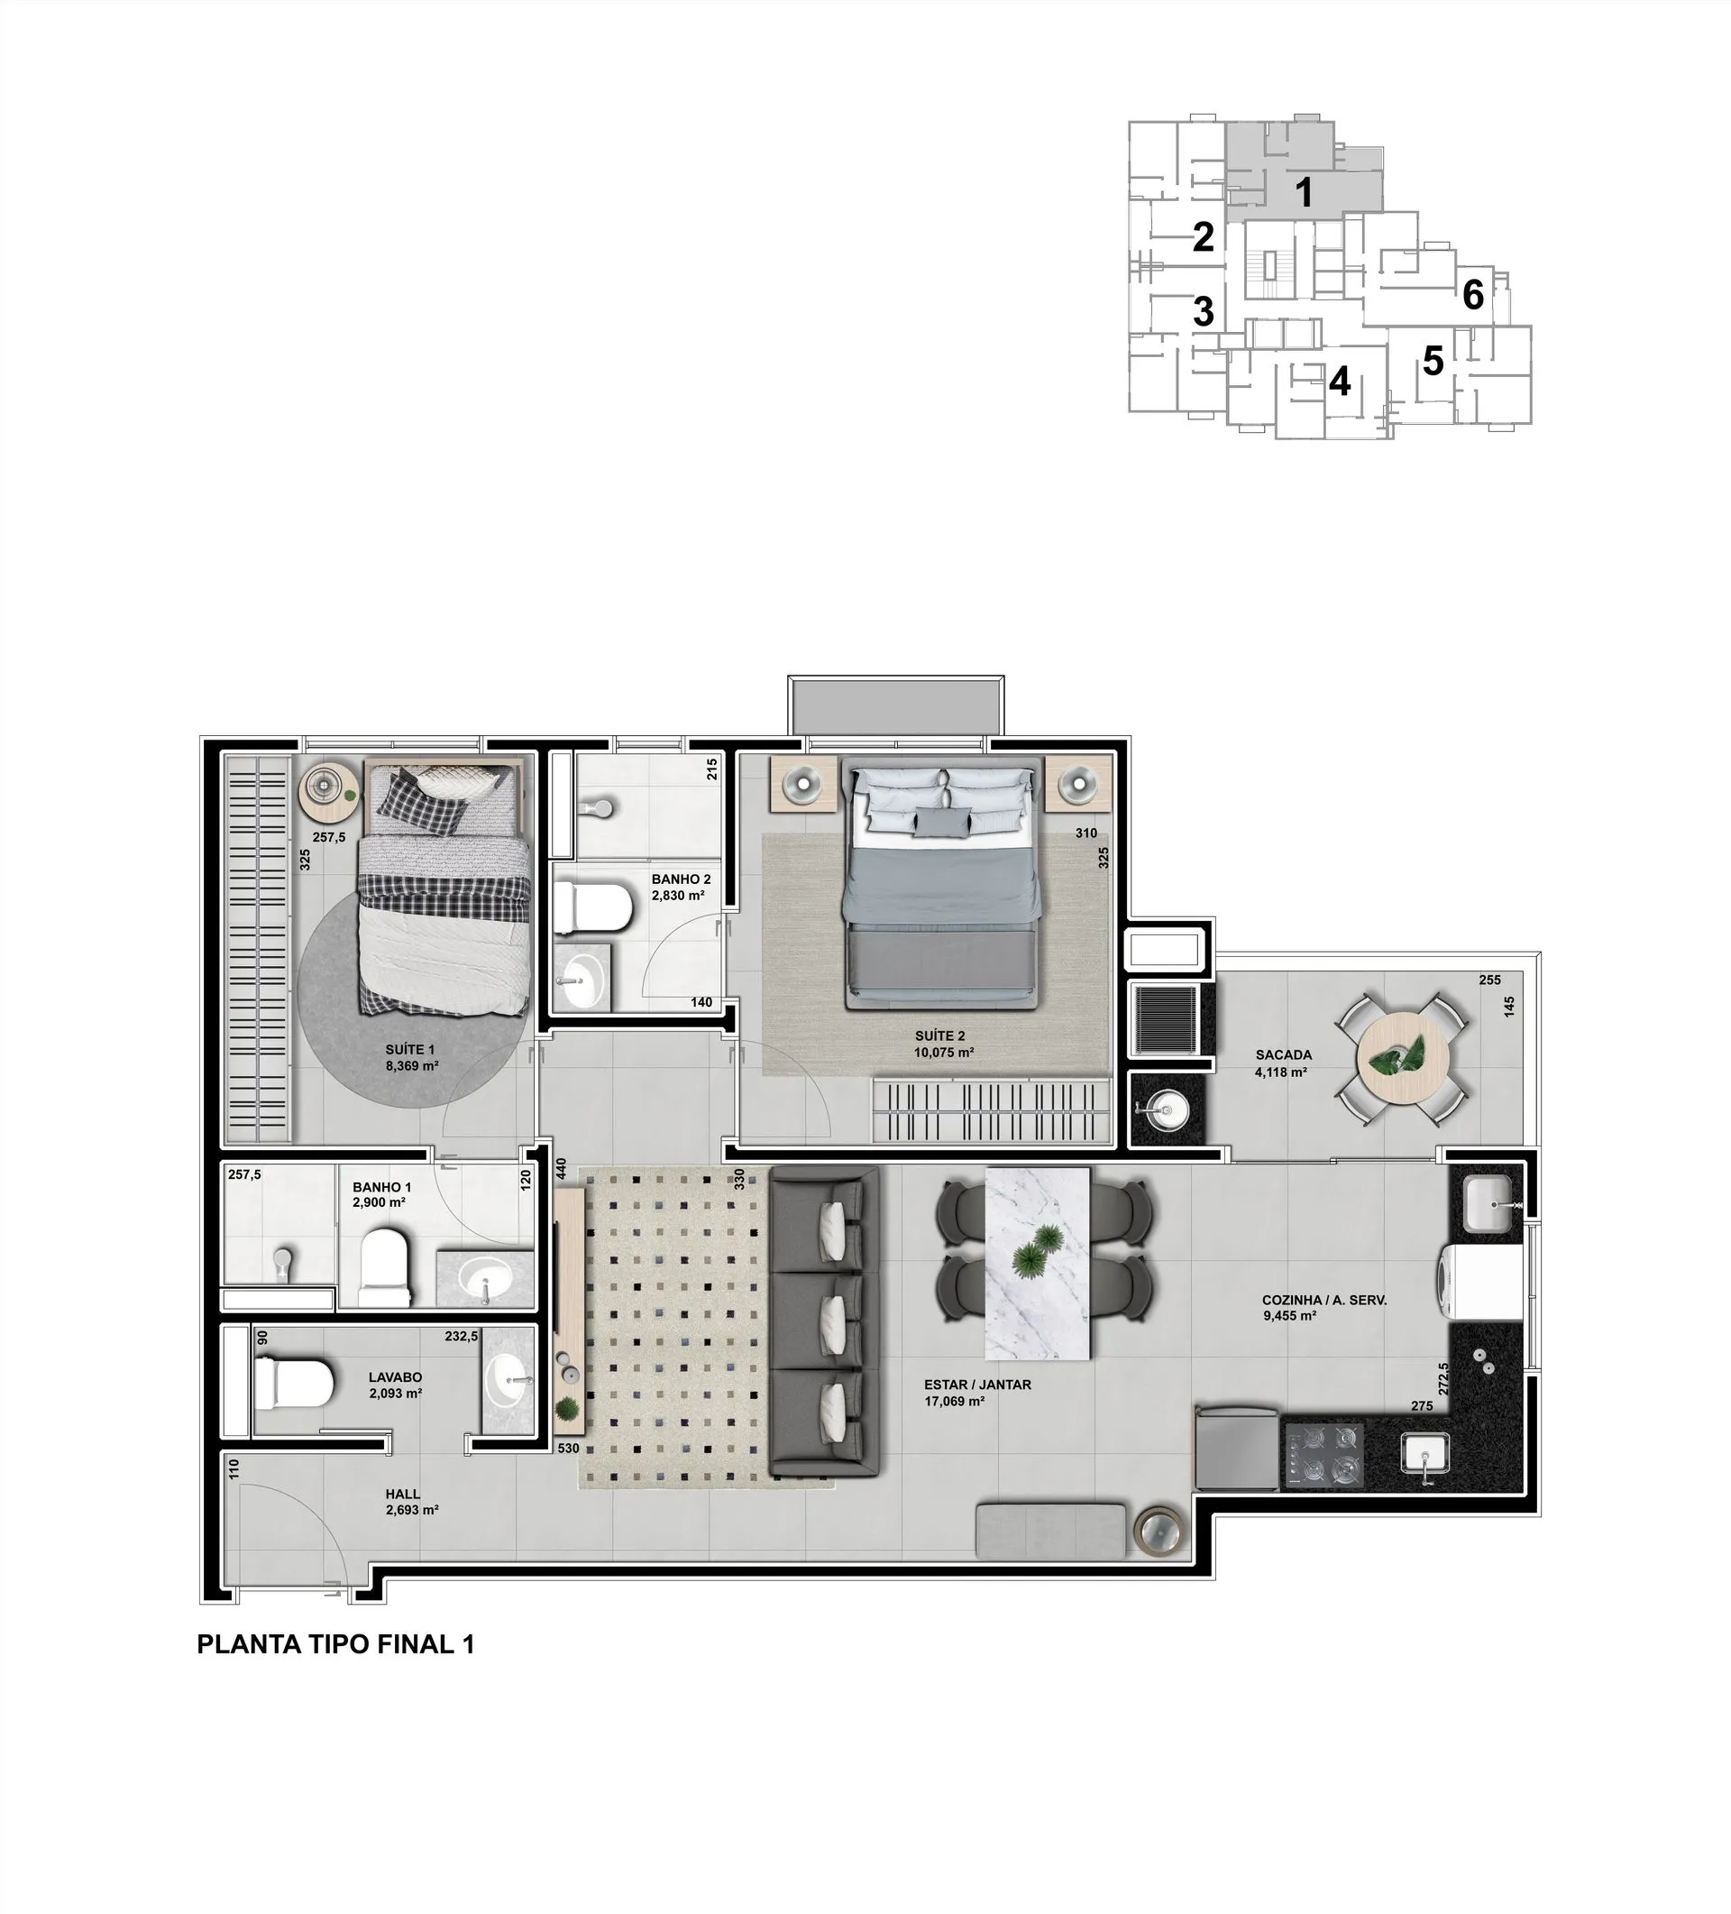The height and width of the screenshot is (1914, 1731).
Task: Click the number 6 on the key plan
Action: pos(1473,295)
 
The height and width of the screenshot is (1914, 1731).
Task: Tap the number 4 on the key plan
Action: pos(1339,382)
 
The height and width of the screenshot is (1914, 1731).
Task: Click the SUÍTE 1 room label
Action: pos(410,1050)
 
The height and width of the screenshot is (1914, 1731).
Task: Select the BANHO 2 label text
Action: pos(681,879)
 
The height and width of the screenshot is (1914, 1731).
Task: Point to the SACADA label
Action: pos(1283,1054)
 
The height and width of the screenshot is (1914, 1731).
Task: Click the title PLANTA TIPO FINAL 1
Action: pos(335,1644)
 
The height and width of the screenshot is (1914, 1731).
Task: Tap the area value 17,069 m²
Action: pos(954,1401)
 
